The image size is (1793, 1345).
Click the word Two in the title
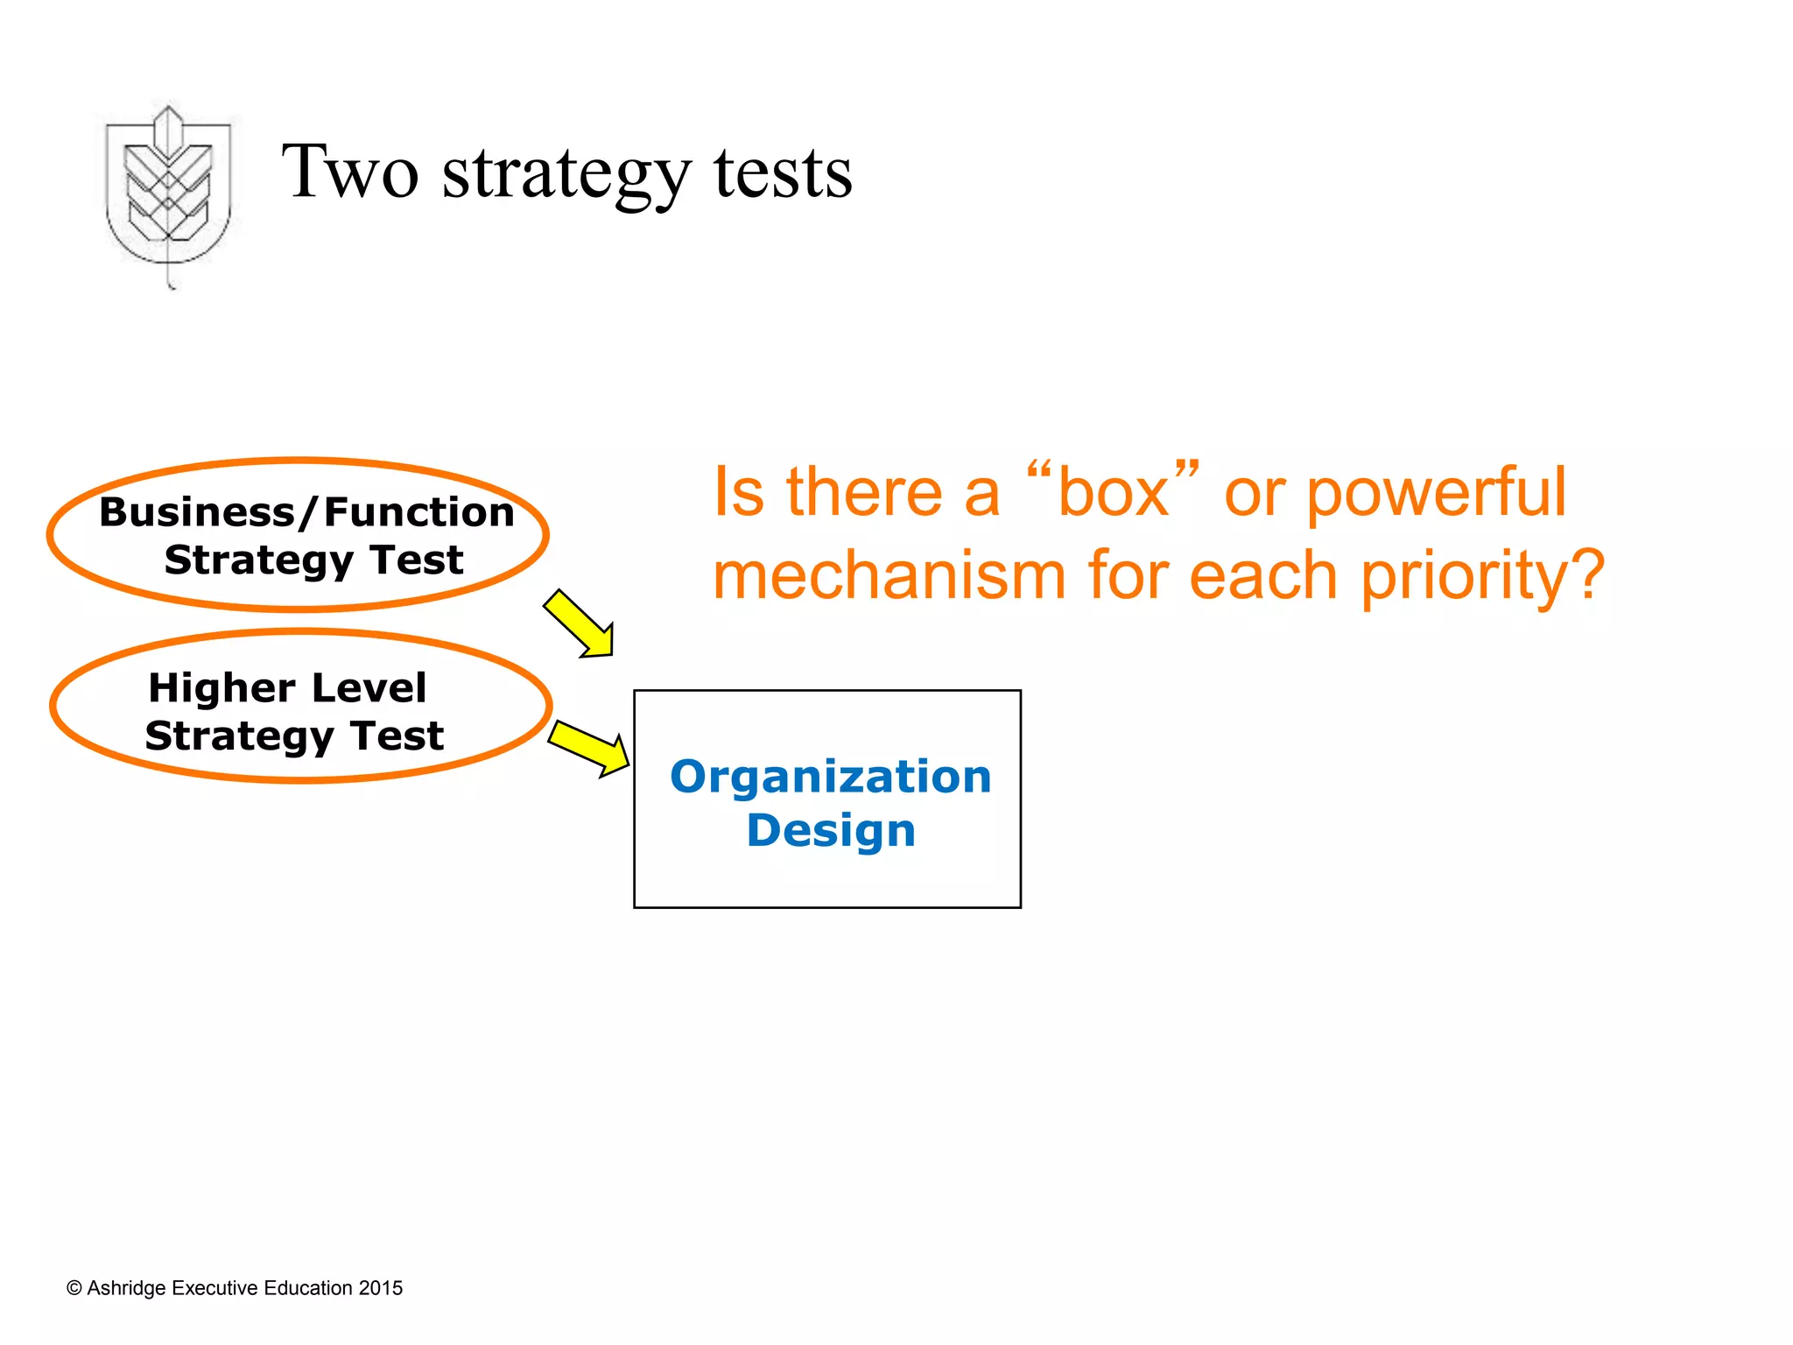coord(349,172)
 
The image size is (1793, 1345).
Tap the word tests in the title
coord(782,173)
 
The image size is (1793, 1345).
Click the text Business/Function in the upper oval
coord(306,512)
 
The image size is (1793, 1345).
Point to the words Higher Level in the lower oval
coord(287,687)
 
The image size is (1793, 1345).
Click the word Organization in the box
coord(830,777)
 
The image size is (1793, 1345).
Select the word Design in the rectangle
coord(830,830)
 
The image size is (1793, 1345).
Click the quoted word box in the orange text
coord(1113,493)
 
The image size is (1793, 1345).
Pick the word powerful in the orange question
coord(1436,493)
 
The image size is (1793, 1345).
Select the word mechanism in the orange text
coord(889,576)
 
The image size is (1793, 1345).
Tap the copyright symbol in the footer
coord(74,1288)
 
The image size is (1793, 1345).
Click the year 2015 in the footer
coord(380,1288)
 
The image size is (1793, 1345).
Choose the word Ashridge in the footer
coord(126,1288)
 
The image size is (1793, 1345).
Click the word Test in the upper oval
coord(416,560)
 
